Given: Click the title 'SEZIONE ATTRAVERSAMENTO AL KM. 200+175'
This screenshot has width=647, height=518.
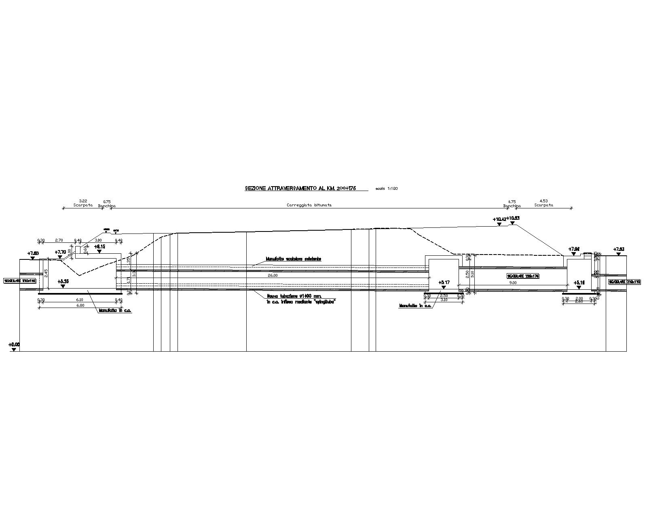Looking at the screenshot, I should [x=300, y=188].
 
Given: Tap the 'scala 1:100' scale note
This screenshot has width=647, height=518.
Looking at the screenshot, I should [x=387, y=189].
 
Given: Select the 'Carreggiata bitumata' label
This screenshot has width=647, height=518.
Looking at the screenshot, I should [x=309, y=205].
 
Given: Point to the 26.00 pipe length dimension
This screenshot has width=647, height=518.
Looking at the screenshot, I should [x=273, y=276].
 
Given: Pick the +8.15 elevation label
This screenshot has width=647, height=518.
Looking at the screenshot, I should [x=99, y=246].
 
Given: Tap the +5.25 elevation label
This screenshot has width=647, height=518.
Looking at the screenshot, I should [x=63, y=281].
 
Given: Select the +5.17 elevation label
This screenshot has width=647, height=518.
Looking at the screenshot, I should [x=444, y=282].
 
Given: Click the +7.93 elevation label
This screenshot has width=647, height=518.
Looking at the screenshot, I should [x=619, y=249].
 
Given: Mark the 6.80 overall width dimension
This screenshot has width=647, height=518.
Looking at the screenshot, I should [x=80, y=306].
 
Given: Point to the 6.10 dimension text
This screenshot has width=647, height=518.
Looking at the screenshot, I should [x=79, y=300].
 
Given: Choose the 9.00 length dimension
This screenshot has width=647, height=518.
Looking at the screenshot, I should [x=513, y=283].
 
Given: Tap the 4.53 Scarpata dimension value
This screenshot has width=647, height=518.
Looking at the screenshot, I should [x=543, y=201].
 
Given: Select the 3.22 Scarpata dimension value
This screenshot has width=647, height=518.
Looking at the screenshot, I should [x=83, y=201].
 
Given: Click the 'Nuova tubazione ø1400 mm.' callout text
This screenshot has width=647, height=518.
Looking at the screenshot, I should [x=291, y=296].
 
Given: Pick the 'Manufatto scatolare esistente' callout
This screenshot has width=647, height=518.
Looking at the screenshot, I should [x=293, y=259].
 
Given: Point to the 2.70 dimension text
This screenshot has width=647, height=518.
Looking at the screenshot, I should [x=59, y=240].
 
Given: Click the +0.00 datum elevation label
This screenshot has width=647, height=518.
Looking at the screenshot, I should [x=14, y=345].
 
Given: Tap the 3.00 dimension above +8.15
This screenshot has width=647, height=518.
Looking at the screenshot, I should [x=98, y=240].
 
